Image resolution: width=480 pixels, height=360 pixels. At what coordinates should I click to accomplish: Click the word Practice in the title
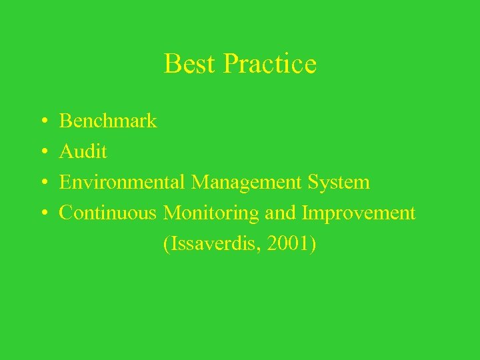(270, 64)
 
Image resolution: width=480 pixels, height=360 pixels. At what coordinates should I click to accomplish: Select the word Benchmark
(108, 121)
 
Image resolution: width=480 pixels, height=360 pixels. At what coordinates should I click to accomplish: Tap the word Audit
(83, 152)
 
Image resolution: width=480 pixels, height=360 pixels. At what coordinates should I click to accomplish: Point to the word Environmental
(123, 182)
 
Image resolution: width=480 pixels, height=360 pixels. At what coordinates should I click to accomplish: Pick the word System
(340, 183)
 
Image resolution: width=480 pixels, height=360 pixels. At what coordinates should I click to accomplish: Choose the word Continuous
(109, 213)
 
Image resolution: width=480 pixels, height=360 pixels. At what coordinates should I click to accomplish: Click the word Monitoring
(212, 214)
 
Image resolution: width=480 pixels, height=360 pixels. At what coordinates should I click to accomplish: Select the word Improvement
(359, 214)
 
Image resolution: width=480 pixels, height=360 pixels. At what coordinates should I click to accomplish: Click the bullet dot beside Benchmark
(43, 122)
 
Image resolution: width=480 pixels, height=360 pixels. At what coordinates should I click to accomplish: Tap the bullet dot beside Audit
(43, 153)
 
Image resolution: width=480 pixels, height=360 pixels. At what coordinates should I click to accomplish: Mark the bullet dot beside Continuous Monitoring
(43, 214)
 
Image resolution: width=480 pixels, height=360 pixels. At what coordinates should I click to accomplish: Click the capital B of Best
(171, 64)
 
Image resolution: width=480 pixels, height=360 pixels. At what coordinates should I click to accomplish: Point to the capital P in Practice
(232, 64)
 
